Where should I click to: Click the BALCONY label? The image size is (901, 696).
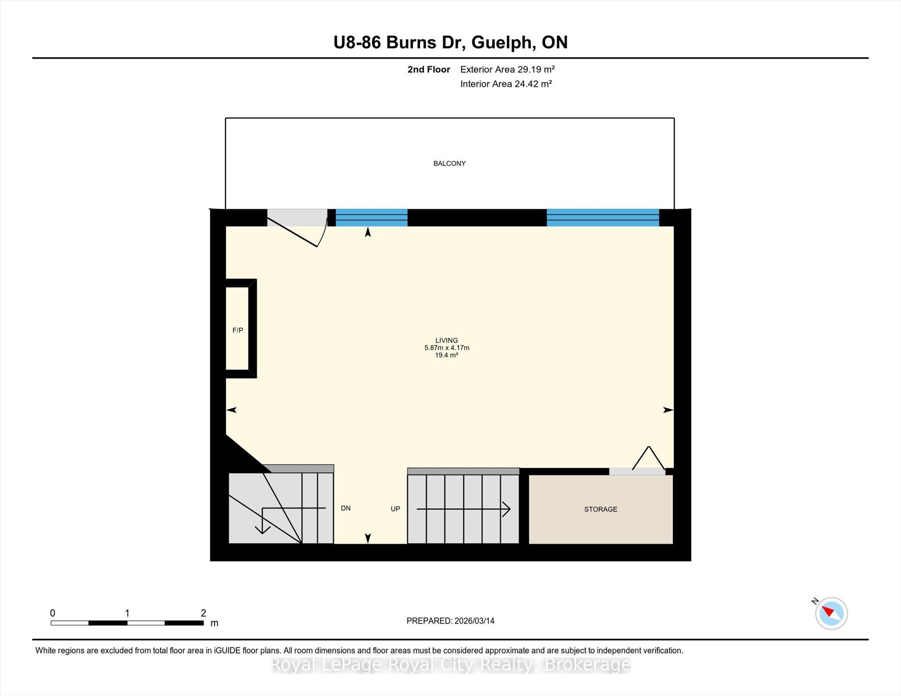click(449, 164)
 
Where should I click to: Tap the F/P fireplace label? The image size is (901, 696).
click(238, 330)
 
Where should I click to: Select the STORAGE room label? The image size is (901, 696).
click(601, 509)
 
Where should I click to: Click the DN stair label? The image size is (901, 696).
click(346, 508)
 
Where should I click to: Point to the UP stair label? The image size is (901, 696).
click(396, 509)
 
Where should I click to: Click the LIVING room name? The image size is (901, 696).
click(447, 340)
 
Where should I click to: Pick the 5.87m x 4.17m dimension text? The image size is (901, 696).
click(447, 348)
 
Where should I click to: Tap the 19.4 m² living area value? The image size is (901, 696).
click(447, 355)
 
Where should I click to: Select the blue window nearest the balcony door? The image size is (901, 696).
click(372, 218)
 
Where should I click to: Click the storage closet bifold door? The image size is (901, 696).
click(648, 459)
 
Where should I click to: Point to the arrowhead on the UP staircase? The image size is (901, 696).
click(506, 509)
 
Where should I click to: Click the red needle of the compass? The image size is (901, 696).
click(828, 612)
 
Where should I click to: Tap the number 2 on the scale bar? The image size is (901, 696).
click(203, 613)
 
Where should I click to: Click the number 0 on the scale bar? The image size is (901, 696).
click(53, 613)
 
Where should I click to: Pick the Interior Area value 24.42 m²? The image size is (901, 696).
click(533, 84)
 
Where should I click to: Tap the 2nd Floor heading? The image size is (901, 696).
click(429, 69)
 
